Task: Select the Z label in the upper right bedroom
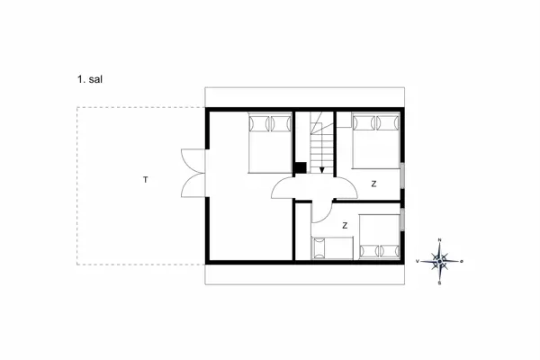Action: [373, 184]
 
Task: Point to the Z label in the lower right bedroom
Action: [346, 225]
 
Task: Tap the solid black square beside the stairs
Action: [299, 166]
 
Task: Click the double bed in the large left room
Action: [269, 141]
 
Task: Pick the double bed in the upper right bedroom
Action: [376, 139]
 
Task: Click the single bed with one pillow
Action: [330, 247]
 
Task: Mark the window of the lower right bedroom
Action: [403, 219]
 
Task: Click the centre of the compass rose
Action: [440, 262]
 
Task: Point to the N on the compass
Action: [440, 240]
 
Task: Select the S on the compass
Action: [440, 283]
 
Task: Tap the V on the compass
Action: [418, 262]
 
